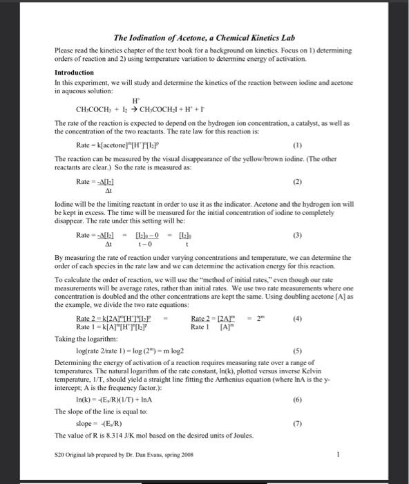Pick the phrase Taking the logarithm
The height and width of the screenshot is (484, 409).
[81, 339]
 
